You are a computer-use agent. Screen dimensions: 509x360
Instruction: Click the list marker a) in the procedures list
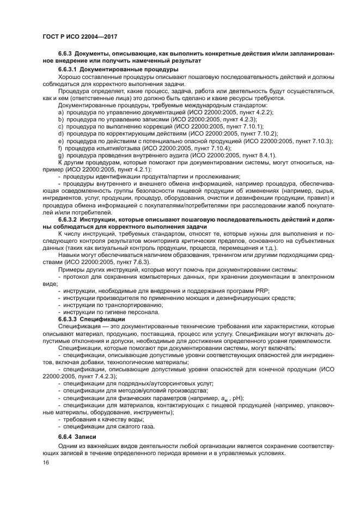coord(61,112)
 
